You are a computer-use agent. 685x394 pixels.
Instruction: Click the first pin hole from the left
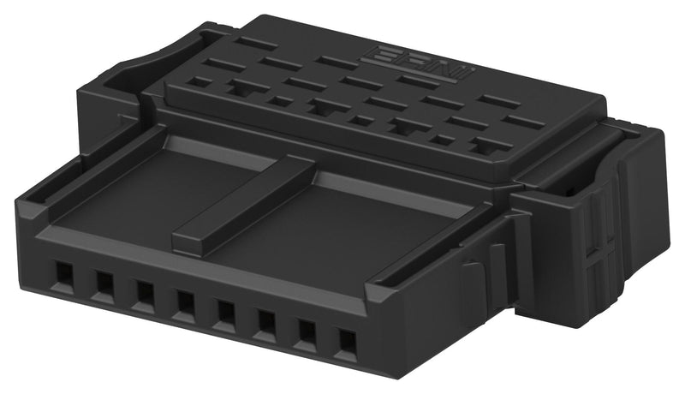click(x=63, y=275)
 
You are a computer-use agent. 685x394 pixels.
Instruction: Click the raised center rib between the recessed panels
click(x=244, y=206)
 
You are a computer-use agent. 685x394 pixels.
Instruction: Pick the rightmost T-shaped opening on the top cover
click(x=491, y=146)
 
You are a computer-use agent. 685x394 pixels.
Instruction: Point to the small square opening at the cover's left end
click(x=200, y=82)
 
